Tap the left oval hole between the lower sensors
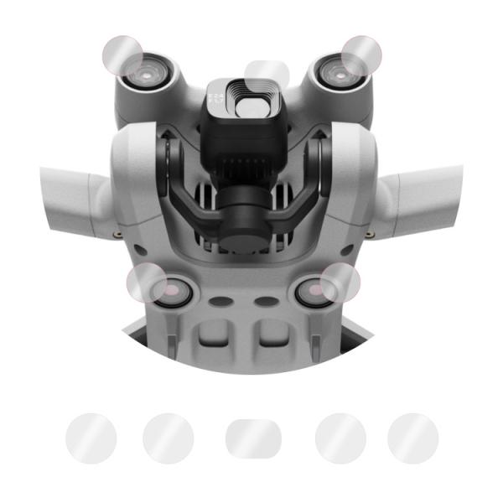click(222, 300)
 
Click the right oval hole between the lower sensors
click(266, 300)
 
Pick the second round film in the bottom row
click(168, 438)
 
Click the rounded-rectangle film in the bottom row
click(251, 438)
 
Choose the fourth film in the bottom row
click(340, 438)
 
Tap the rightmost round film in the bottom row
click(412, 438)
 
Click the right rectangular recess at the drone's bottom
click(272, 338)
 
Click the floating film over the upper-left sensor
click(122, 55)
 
